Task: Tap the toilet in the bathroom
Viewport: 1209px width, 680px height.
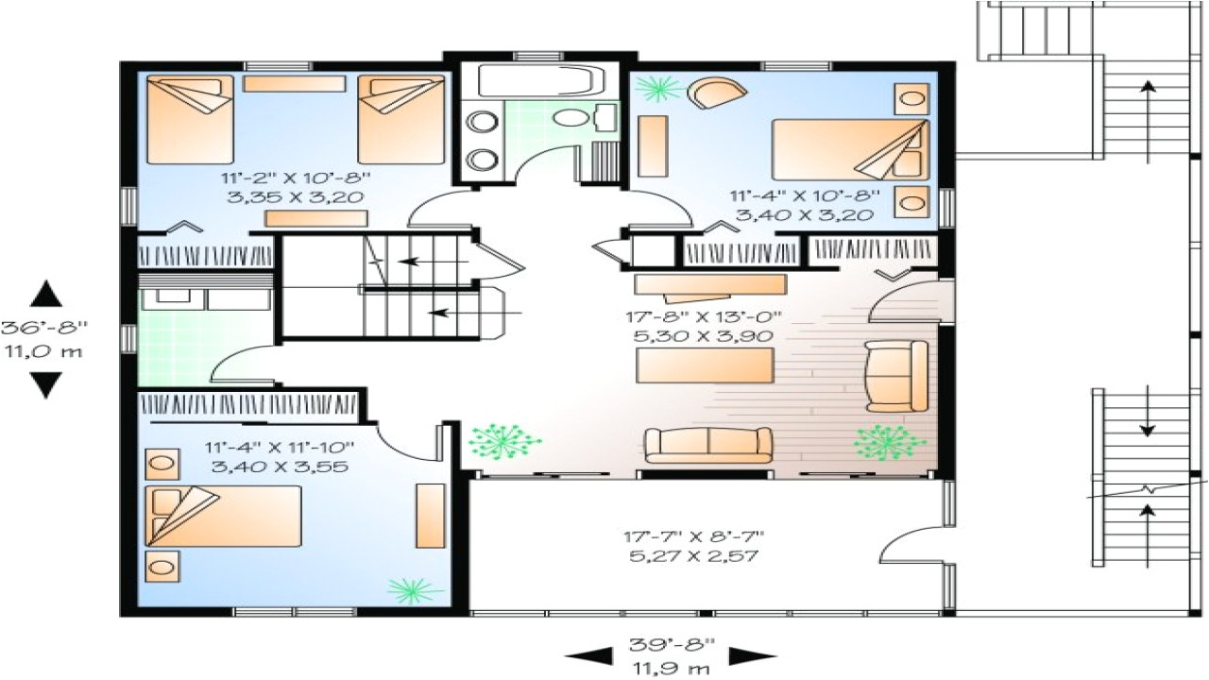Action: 570,117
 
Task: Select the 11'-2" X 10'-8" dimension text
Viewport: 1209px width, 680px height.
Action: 295,178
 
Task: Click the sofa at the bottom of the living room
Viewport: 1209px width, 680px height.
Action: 707,445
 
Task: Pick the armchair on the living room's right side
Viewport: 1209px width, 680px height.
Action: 896,376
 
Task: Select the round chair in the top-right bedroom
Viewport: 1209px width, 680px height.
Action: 715,93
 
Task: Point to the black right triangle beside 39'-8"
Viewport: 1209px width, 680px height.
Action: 752,654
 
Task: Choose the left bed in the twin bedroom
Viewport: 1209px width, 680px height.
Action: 189,119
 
